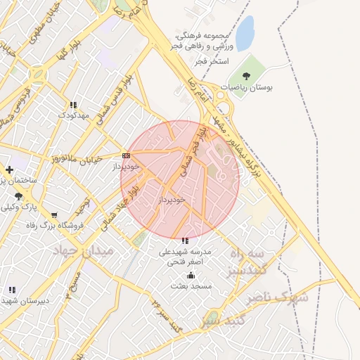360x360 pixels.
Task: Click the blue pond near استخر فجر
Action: point(244,33)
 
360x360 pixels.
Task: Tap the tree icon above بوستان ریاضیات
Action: point(245,75)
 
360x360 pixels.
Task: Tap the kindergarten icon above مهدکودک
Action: point(73,105)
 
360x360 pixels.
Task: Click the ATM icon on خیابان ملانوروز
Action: point(126,155)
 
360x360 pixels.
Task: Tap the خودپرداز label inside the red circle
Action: point(172,200)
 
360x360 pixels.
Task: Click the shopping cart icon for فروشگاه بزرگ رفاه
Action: point(55,215)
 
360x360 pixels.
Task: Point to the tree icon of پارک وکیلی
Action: point(18,197)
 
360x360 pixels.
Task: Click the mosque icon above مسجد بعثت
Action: point(191,275)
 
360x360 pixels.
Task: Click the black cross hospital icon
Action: point(9,169)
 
